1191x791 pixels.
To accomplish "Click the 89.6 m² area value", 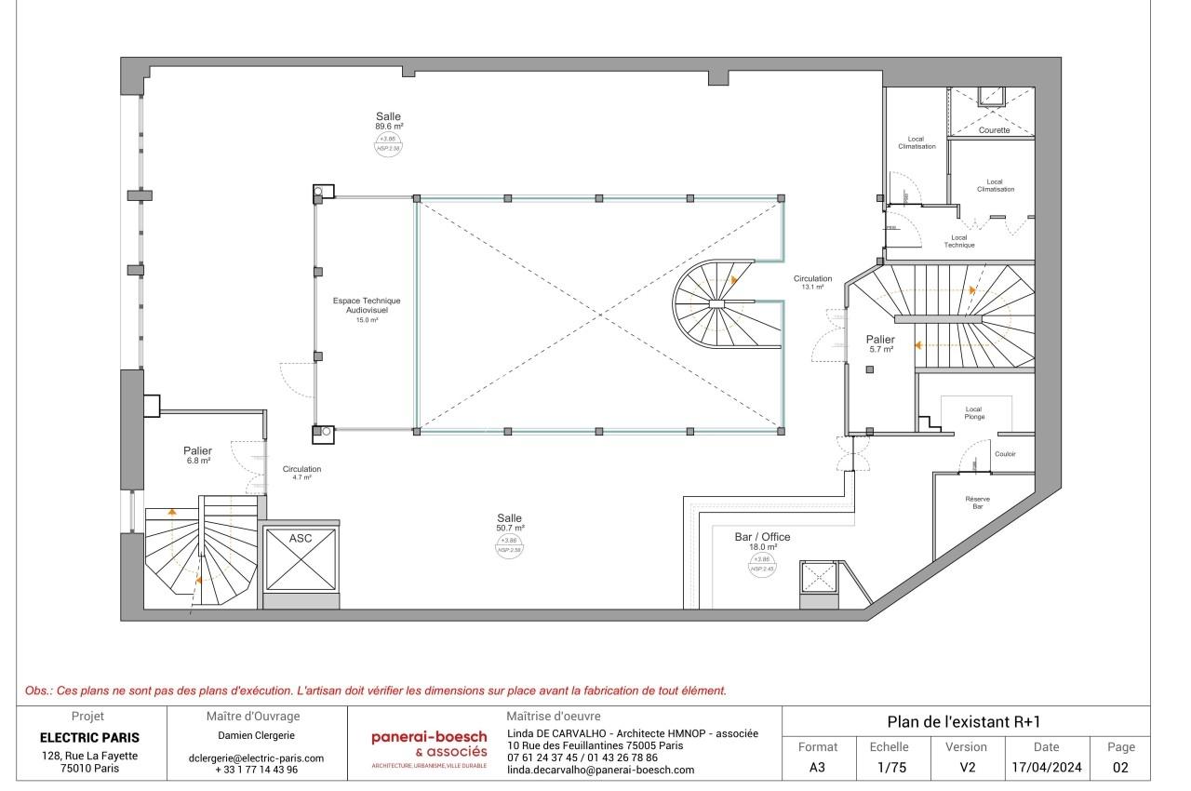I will pos(389,126).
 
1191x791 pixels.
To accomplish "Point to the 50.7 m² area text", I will pos(510,528).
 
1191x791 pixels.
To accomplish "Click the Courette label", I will pos(994,130).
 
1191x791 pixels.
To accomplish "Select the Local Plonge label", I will pos(973,413).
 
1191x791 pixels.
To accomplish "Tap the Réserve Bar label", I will pos(977,503).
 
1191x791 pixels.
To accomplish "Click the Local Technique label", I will pos(959,241).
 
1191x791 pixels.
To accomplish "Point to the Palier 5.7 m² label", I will pos(879,344).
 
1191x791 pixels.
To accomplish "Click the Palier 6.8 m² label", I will pos(197,455).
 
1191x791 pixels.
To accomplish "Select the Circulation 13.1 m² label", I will pos(812,283).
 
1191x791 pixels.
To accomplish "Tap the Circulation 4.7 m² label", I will pos(301,473).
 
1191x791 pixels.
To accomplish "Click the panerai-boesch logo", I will pos(429,744).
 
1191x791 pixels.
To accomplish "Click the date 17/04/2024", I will pos(1047,769).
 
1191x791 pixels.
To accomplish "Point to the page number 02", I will pos(1120,769).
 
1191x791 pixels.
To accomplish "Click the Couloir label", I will pos(1005,454).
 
